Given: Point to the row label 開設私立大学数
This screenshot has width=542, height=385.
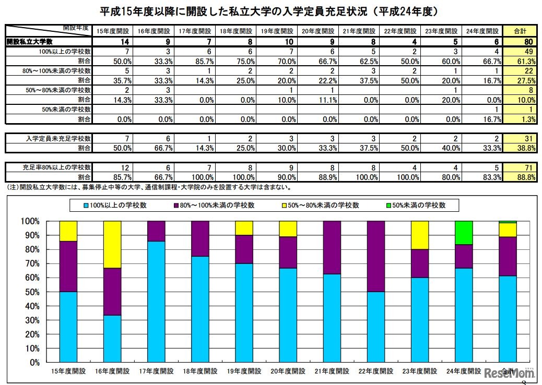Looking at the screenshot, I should pyautogui.click(x=30, y=41).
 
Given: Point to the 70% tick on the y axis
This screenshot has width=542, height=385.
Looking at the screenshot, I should pyautogui.click(x=31, y=263).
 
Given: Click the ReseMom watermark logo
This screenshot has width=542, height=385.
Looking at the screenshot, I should pyautogui.click(x=509, y=374).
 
